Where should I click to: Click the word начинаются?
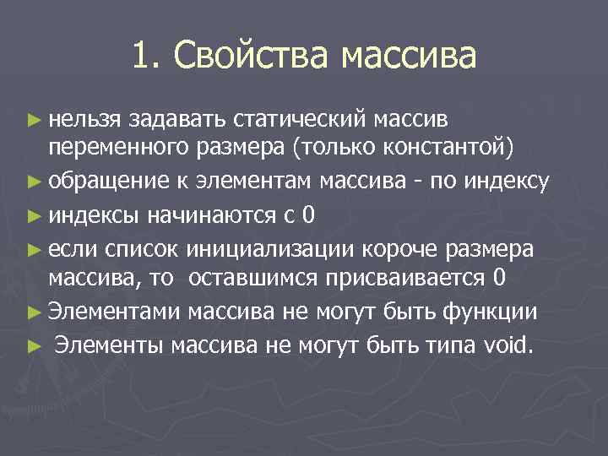(208, 214)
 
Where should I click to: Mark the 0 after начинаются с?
(310, 214)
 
